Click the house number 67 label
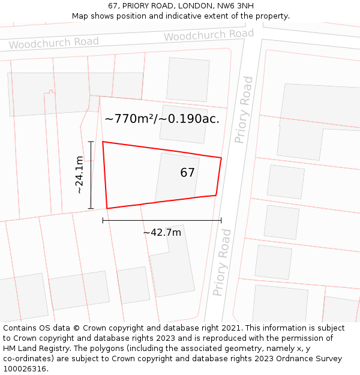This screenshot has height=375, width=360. (x=187, y=173)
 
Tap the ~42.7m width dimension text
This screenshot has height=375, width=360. (x=162, y=232)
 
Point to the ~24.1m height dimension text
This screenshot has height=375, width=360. (x=79, y=175)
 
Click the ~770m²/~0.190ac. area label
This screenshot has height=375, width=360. (x=162, y=119)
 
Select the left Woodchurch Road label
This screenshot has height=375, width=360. (x=54, y=43)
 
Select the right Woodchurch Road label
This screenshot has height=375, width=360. (x=209, y=35)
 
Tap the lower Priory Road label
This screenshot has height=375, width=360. (x=222, y=262)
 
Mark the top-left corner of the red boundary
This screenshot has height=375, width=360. (x=103, y=142)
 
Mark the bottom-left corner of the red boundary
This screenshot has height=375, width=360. (x=107, y=208)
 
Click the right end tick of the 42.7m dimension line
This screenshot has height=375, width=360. (x=221, y=220)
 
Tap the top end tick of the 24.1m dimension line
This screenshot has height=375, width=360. (x=91, y=142)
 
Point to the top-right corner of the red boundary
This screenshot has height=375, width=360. (x=221, y=158)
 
